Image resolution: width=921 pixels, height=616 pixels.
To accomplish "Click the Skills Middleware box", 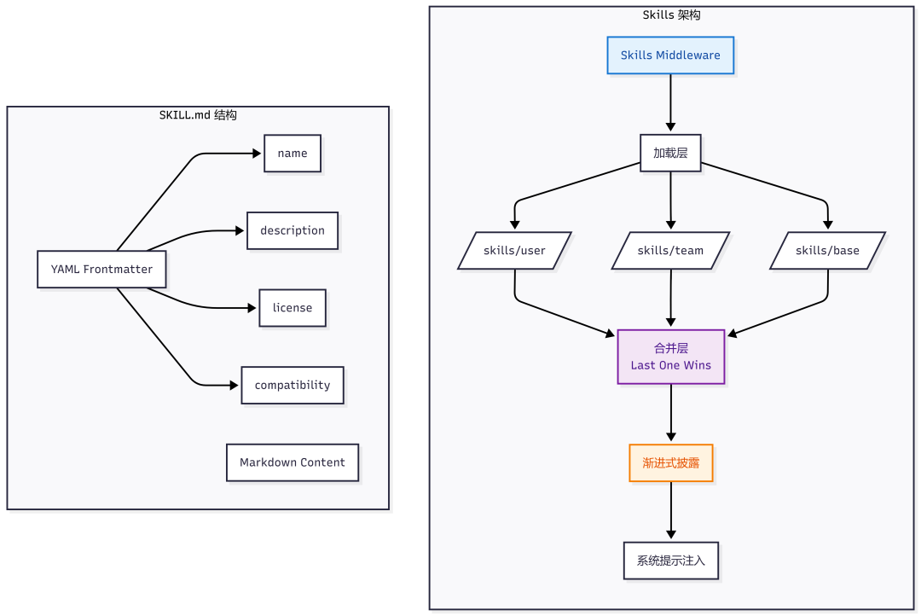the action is pyautogui.click(x=670, y=55).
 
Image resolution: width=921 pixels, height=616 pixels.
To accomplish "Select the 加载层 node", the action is pyautogui.click(x=670, y=153).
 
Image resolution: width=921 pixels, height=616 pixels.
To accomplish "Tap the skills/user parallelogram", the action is pyautogui.click(x=514, y=250).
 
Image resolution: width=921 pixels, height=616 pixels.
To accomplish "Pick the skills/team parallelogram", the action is pyautogui.click(x=670, y=250).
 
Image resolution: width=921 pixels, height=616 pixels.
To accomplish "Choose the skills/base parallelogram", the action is pyautogui.click(x=827, y=250).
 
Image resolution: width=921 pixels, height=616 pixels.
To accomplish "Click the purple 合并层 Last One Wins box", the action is pyautogui.click(x=671, y=357).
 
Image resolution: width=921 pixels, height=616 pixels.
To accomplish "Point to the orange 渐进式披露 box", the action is pyautogui.click(x=671, y=463).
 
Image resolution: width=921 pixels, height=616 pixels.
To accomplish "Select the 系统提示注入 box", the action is pyautogui.click(x=671, y=561).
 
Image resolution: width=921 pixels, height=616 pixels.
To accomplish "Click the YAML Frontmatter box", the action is pyautogui.click(x=101, y=270).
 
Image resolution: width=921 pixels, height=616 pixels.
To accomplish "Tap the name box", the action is pyautogui.click(x=293, y=154).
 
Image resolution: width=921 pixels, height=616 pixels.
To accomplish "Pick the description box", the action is pyautogui.click(x=293, y=230).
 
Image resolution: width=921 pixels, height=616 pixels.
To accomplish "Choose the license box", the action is pyautogui.click(x=293, y=308).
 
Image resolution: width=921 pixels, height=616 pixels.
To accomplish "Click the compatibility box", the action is pyautogui.click(x=293, y=385).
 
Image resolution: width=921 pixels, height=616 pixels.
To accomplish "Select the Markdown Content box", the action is pyautogui.click(x=293, y=462).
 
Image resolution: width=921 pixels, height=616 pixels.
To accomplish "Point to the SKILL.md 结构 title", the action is pyautogui.click(x=198, y=114).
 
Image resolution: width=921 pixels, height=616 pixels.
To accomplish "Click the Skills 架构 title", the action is pyautogui.click(x=671, y=15).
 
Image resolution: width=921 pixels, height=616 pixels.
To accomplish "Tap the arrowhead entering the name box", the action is pyautogui.click(x=257, y=154).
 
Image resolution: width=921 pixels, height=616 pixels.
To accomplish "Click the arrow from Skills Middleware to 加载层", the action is pyautogui.click(x=670, y=103).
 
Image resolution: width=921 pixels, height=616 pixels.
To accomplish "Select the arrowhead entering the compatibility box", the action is pyautogui.click(x=235, y=385).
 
